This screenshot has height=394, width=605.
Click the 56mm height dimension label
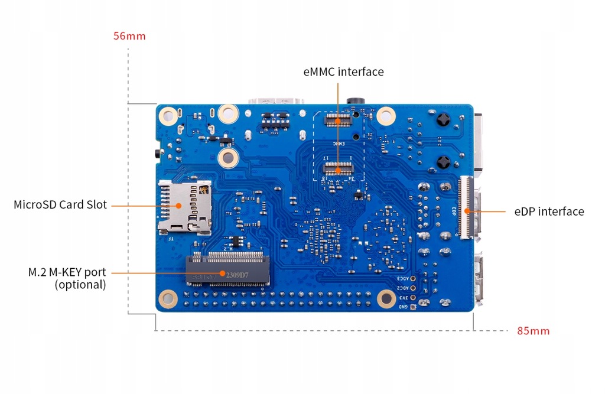click(x=129, y=36)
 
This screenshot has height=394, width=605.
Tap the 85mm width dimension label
click(x=533, y=331)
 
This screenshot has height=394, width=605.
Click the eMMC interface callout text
click(x=343, y=72)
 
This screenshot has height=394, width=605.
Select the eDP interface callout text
click(x=549, y=211)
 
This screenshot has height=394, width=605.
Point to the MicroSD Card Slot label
click(x=60, y=205)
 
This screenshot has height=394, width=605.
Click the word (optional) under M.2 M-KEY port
click(x=80, y=285)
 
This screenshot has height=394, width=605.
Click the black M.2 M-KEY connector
click(x=227, y=269)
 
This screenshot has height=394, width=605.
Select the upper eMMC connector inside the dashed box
click(x=338, y=121)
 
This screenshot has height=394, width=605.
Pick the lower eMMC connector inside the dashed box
click(x=338, y=171)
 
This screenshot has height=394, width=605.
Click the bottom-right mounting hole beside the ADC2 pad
click(x=386, y=299)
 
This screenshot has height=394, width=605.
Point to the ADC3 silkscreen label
click(x=401, y=278)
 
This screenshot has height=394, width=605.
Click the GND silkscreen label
click(x=402, y=307)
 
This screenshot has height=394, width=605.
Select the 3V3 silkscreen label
click(x=402, y=298)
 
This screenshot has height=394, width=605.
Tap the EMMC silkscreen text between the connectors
click(x=339, y=143)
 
